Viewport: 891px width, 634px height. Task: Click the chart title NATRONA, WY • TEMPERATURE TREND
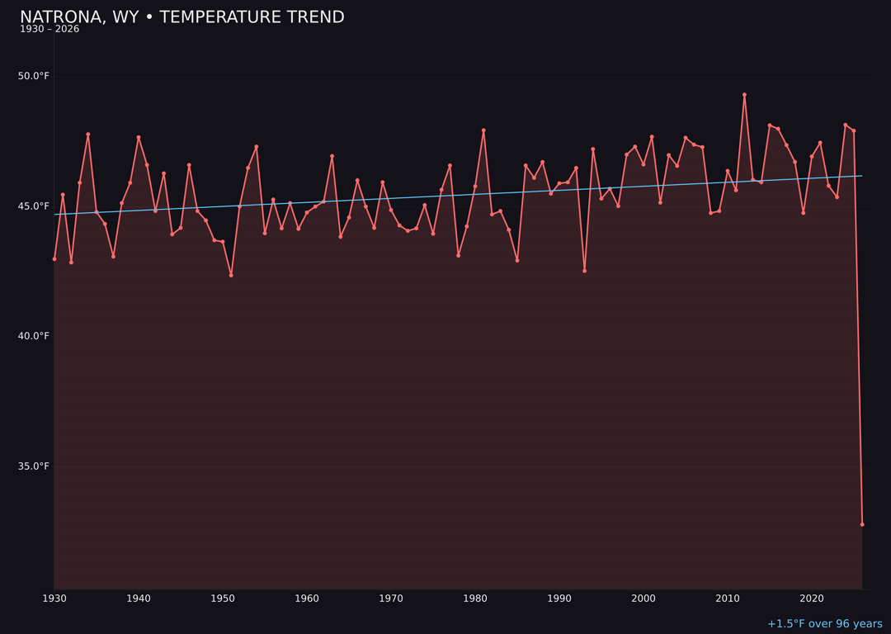point(181,17)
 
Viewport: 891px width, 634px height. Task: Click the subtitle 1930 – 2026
point(49,30)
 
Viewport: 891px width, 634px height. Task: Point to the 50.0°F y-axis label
point(34,76)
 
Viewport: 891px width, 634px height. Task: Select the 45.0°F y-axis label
point(34,206)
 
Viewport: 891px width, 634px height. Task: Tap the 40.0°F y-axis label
point(34,336)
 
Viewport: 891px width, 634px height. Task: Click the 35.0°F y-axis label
point(34,466)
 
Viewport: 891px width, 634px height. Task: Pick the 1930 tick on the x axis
point(54,599)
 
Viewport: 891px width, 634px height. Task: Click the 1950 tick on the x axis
point(223,599)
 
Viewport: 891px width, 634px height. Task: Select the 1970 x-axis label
point(391,599)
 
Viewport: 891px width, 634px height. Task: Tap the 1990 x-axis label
point(559,599)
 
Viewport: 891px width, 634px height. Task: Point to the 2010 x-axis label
point(728,599)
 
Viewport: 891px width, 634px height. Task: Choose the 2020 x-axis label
point(812,599)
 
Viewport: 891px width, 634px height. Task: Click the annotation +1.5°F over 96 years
point(824,624)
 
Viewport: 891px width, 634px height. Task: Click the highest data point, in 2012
point(744,95)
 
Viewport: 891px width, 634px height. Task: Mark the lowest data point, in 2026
point(862,524)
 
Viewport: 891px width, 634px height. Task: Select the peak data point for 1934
point(88,135)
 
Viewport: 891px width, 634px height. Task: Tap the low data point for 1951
point(231,275)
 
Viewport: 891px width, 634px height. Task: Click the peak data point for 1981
point(483,130)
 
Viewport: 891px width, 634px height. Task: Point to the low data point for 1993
point(584,271)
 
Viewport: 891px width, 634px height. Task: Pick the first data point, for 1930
point(54,259)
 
